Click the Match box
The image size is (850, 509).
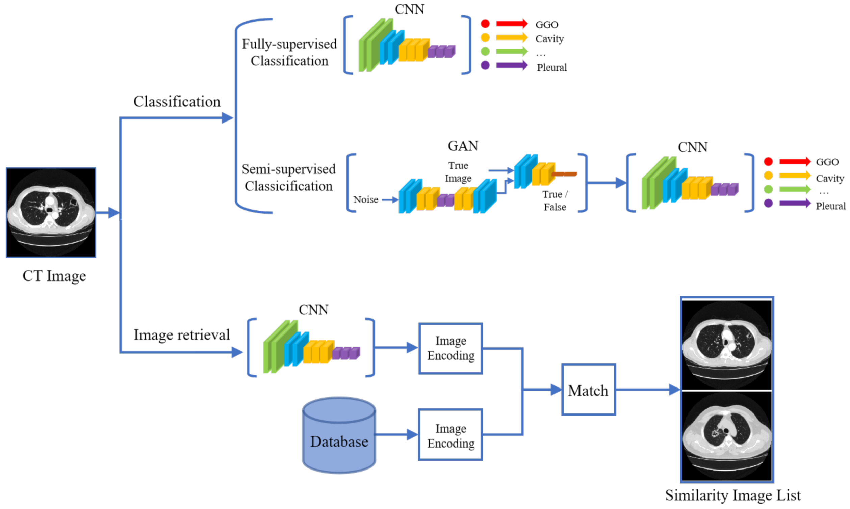coord(588,389)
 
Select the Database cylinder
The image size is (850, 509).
coord(339,437)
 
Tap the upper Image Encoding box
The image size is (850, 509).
coord(450,348)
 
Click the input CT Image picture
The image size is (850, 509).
coord(51,212)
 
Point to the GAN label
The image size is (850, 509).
coord(463,146)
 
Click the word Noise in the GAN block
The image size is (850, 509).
coord(366,199)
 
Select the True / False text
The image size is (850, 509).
coord(555,200)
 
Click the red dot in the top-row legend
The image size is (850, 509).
coord(485,24)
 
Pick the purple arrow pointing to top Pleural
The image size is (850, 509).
coord(511,65)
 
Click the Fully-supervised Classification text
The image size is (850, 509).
coord(289,52)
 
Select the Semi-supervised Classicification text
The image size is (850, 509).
coord(288,177)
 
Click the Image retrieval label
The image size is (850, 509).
coord(182,335)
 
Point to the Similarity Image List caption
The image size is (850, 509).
coord(732,495)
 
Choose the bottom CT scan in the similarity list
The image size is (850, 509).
coord(726,436)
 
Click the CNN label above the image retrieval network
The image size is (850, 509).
coord(313,310)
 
